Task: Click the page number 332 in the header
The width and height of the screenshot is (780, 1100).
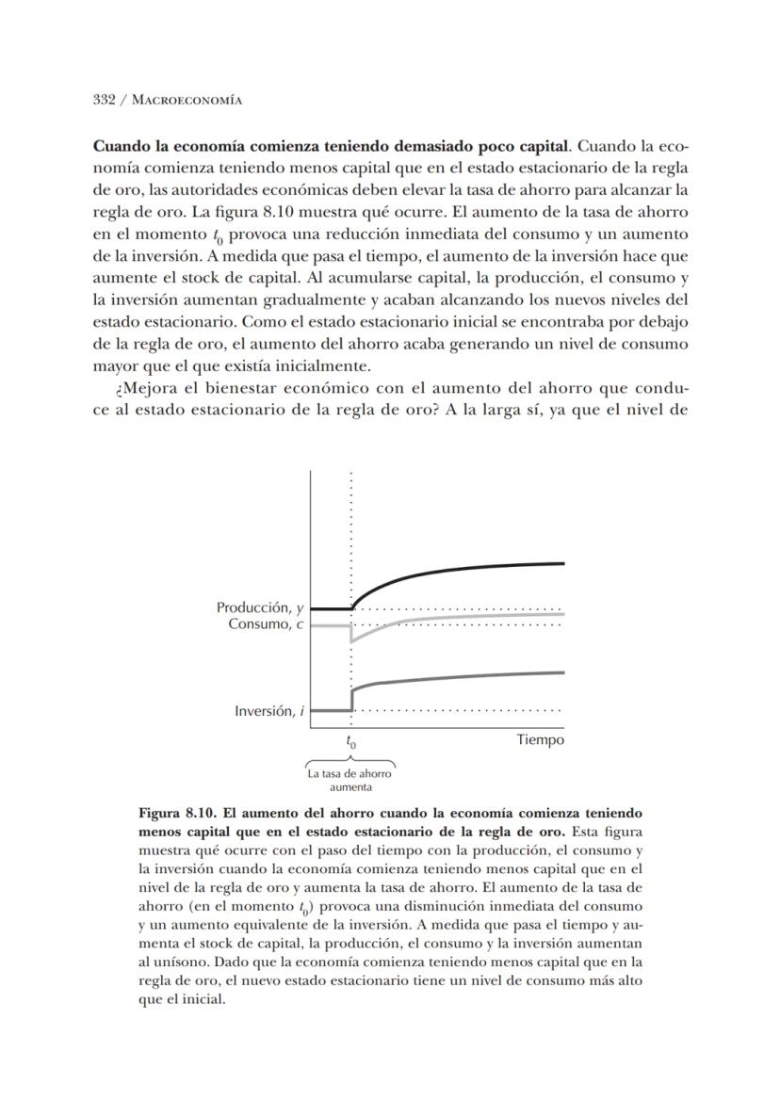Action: [x=104, y=101]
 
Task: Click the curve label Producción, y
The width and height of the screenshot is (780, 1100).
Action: [x=260, y=608]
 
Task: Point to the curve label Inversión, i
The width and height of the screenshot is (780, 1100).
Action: [x=268, y=711]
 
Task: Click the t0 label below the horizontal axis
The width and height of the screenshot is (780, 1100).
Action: [x=350, y=741]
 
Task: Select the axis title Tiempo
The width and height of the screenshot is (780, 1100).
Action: [x=540, y=739]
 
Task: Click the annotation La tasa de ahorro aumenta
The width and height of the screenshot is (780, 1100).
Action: [x=350, y=780]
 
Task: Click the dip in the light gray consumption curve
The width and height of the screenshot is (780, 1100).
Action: [x=351, y=641]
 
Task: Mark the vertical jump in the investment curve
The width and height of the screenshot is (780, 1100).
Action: [x=351, y=699]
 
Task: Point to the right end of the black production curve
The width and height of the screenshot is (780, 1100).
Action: [x=563, y=563]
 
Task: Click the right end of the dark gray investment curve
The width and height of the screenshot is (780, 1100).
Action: [x=563, y=672]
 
